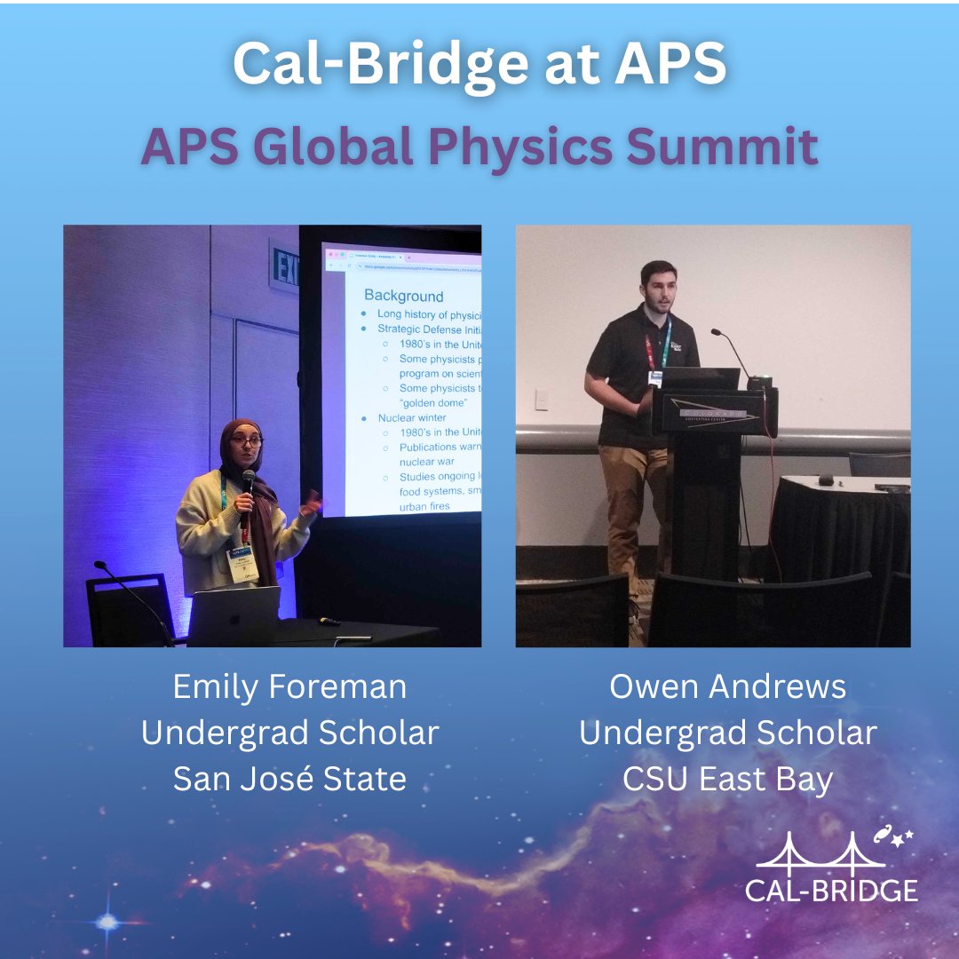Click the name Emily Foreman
click(x=289, y=686)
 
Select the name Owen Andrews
click(x=728, y=686)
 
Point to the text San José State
click(x=289, y=779)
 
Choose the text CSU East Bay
click(x=728, y=779)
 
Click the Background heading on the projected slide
click(x=403, y=296)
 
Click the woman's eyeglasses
click(x=246, y=440)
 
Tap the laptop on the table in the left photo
click(x=234, y=615)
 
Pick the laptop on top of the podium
click(x=701, y=379)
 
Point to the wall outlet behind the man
click(x=541, y=400)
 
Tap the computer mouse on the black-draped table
click(x=826, y=480)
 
